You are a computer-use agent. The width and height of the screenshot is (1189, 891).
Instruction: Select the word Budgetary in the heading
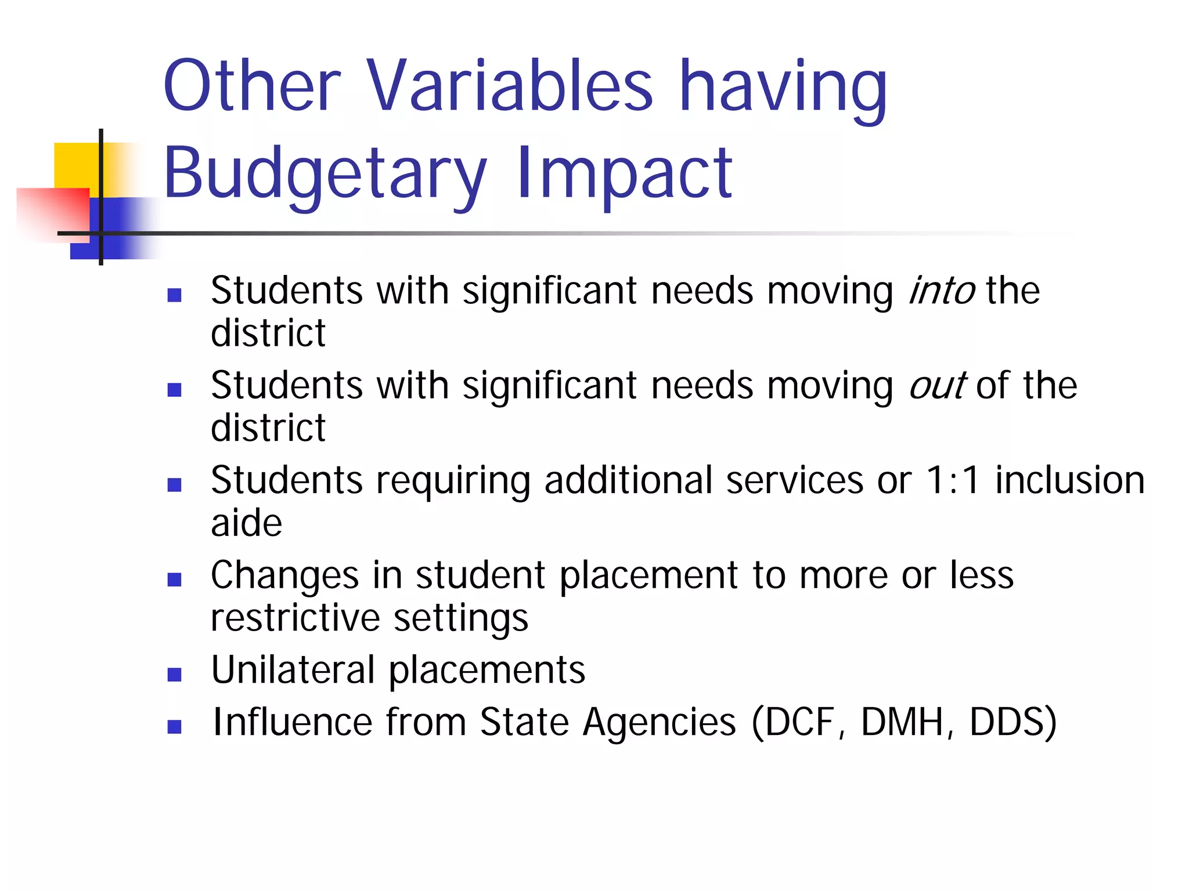325,174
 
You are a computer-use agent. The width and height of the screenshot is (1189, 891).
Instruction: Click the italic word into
941,291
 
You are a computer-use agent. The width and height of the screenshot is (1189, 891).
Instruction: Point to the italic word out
936,386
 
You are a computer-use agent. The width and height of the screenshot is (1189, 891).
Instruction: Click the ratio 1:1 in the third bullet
953,481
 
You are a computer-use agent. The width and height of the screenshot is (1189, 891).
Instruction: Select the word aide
246,523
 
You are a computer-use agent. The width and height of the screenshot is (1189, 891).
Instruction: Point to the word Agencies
660,723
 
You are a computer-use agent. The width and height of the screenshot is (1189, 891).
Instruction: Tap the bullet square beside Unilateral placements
174,675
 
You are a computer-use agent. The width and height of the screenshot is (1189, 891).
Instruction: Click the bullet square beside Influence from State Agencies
174,727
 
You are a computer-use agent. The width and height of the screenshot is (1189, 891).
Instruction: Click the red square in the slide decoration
52,212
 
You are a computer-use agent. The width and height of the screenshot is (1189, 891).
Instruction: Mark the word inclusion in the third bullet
1069,481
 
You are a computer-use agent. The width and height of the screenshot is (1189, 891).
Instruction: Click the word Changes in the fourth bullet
284,576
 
